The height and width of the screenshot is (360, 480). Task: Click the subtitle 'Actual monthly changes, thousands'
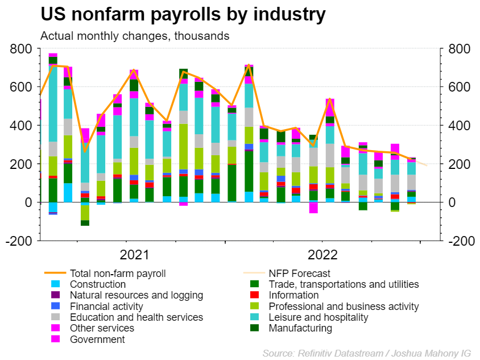tap(135, 36)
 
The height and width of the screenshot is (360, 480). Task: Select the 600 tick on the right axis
tap(459, 88)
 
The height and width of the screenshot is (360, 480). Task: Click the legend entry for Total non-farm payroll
tap(117, 274)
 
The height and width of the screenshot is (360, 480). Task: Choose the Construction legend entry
tap(97, 284)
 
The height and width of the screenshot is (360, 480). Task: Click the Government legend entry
tap(97, 340)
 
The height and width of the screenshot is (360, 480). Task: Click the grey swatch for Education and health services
tap(55, 317)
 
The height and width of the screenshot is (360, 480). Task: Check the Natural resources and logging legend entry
tap(136, 295)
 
